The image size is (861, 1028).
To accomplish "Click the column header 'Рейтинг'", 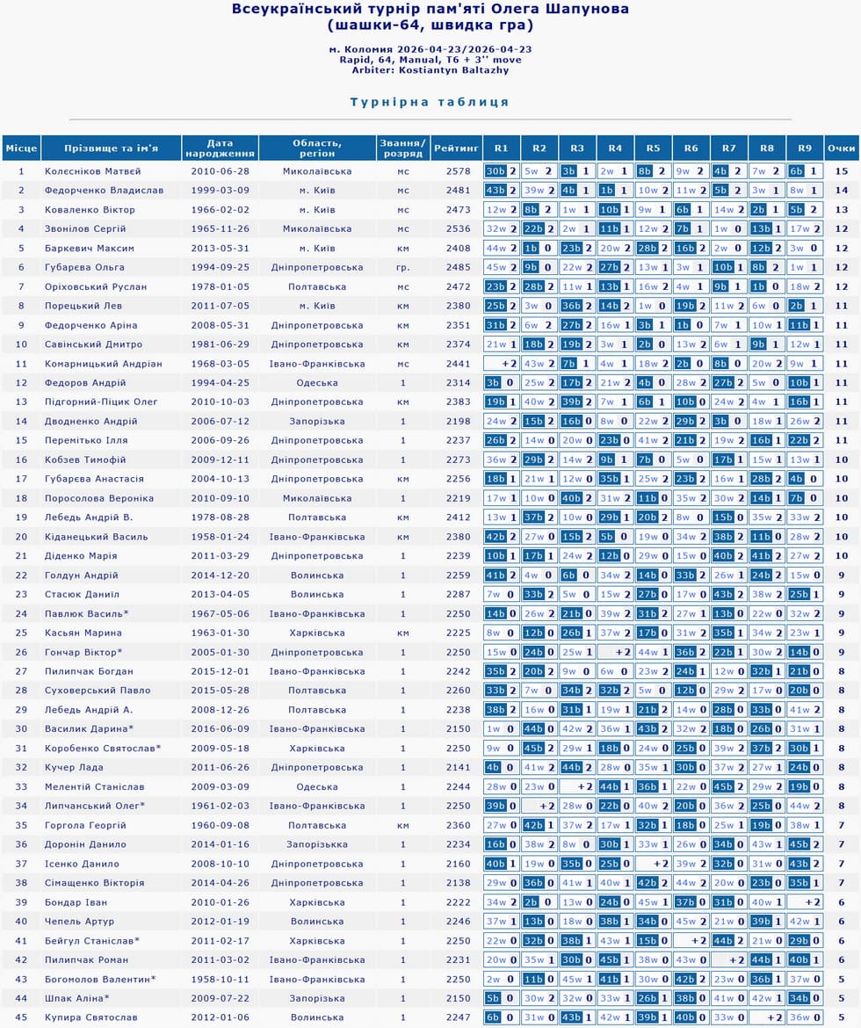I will click(x=457, y=148).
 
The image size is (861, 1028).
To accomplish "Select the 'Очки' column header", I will click(x=841, y=148).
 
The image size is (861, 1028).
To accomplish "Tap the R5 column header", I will click(x=652, y=148).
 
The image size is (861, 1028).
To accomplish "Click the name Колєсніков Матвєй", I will click(x=93, y=171).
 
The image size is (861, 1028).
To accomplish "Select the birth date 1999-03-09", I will click(x=220, y=191).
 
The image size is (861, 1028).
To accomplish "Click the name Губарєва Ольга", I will click(x=84, y=267).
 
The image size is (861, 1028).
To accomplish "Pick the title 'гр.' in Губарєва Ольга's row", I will click(x=403, y=267).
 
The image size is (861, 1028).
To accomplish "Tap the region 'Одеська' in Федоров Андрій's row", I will click(x=317, y=383).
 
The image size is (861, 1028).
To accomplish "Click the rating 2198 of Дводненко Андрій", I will click(x=458, y=422).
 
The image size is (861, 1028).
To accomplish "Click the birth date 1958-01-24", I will click(x=220, y=537).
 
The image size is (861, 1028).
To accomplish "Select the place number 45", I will click(x=21, y=1017).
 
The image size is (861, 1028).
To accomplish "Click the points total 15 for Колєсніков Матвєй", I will click(x=841, y=171).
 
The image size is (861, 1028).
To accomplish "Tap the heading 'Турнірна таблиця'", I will click(x=430, y=102).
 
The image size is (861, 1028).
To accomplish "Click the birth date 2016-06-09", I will click(x=220, y=728).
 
